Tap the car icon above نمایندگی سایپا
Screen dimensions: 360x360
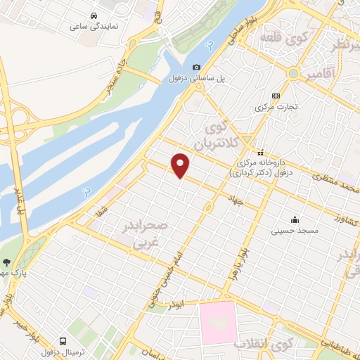click(x=94, y=15)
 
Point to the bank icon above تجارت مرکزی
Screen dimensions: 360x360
click(x=276, y=96)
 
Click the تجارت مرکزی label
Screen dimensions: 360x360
click(x=276, y=108)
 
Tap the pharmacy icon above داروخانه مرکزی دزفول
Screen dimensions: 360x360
click(x=260, y=152)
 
